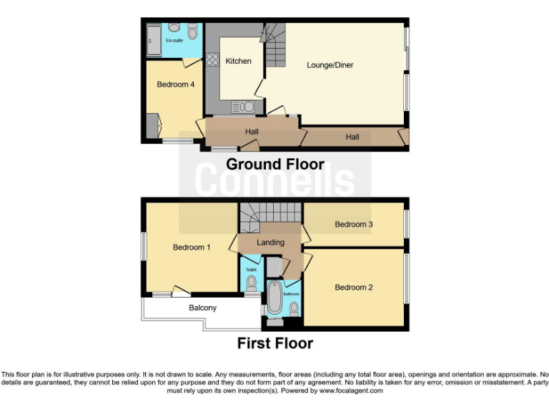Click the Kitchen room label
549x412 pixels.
pyautogui.click(x=238, y=61)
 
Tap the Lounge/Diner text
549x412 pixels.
pyautogui.click(x=330, y=65)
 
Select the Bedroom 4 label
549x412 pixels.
pyautogui.click(x=176, y=84)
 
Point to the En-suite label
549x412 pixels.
pyautogui.click(x=174, y=41)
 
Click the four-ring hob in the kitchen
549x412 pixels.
pyautogui.click(x=212, y=60)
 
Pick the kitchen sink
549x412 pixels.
pyautogui.click(x=244, y=107)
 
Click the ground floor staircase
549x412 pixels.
pyautogui.click(x=274, y=50)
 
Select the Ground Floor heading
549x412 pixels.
pyautogui.click(x=275, y=165)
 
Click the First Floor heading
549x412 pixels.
pyautogui.click(x=275, y=343)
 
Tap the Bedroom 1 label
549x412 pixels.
pyautogui.click(x=192, y=248)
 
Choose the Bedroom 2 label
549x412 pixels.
pyautogui.click(x=354, y=288)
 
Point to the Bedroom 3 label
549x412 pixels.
pyautogui.click(x=354, y=225)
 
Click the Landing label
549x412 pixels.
pyautogui.click(x=271, y=242)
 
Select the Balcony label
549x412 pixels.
pyautogui.click(x=202, y=308)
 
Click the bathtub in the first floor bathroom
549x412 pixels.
pyautogui.click(x=274, y=300)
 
